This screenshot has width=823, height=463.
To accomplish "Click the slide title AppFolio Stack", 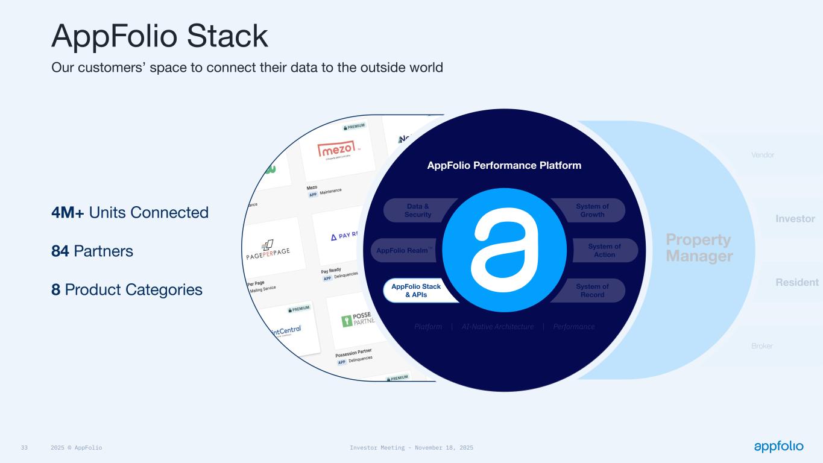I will click(x=160, y=36).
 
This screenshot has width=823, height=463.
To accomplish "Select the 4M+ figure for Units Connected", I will click(x=68, y=212).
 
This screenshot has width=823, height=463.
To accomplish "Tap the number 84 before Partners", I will click(x=60, y=251).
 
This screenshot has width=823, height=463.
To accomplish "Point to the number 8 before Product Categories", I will click(x=56, y=289).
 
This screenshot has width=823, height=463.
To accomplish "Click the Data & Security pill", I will click(x=417, y=210).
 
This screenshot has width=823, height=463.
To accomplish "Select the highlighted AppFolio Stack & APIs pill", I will click(x=416, y=291).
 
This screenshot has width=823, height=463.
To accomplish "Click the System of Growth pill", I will click(x=592, y=210).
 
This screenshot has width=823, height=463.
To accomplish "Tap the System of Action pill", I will click(x=604, y=250).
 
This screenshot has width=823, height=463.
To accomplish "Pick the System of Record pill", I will click(x=592, y=291).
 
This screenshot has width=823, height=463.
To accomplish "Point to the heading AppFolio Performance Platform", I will click(x=504, y=165).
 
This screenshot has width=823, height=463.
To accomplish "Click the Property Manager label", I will click(x=699, y=248).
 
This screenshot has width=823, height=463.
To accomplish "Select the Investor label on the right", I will click(x=795, y=219).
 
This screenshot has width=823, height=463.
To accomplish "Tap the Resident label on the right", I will click(x=796, y=282).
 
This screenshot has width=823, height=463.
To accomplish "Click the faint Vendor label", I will click(x=763, y=155).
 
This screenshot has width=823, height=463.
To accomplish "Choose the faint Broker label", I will click(x=762, y=346).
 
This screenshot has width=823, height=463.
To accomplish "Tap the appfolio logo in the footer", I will click(x=778, y=446).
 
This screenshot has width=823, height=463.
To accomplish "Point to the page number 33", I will click(x=25, y=448).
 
